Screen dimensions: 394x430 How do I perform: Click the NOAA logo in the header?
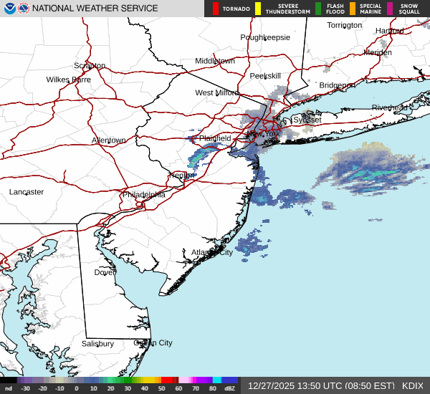[9, 9]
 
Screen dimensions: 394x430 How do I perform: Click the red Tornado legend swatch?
[216, 9]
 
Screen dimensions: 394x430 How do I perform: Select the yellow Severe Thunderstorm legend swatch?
[257, 9]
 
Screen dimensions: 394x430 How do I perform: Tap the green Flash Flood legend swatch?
[318, 9]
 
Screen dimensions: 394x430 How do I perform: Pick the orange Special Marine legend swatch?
[353, 9]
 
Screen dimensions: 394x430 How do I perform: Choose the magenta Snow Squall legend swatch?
[390, 9]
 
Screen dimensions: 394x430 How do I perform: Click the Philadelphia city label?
[143, 194]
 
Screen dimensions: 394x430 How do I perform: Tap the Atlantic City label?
[211, 252]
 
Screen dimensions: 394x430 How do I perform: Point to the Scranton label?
[90, 65]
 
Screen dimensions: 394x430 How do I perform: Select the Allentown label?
[108, 140]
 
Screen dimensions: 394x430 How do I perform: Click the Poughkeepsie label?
[265, 37]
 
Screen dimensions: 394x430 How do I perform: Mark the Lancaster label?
[27, 192]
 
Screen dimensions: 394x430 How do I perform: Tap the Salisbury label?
[97, 344]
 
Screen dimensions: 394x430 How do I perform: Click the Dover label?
[105, 272]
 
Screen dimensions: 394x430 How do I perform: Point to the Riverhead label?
[390, 107]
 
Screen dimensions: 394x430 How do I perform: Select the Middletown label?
[215, 61]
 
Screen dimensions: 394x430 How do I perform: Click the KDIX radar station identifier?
[413, 385]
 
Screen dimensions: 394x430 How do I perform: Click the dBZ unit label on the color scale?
[231, 388]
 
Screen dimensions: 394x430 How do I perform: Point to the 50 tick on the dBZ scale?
[161, 388]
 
